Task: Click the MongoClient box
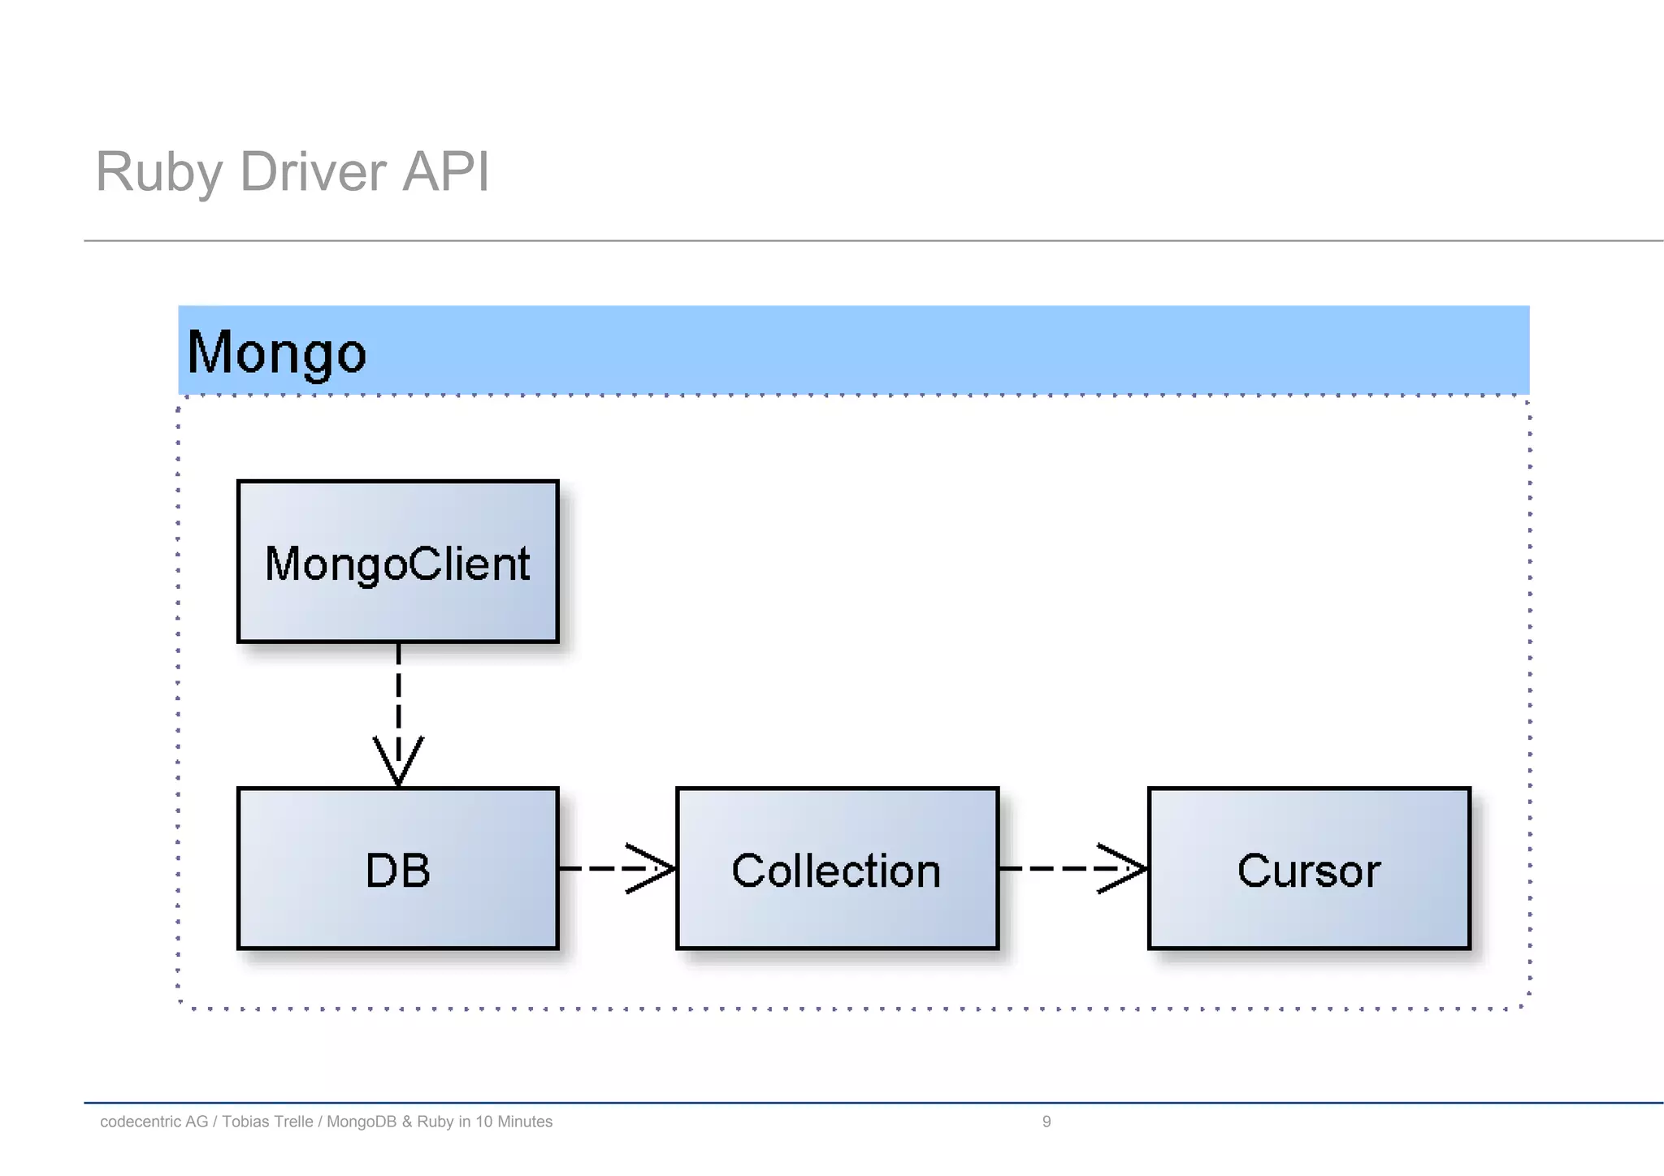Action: (x=397, y=562)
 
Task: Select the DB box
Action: (x=397, y=869)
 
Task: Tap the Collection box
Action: (x=837, y=869)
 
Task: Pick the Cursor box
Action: (x=1309, y=869)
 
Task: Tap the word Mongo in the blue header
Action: (x=276, y=352)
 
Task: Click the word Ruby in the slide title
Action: (x=158, y=172)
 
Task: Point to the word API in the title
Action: (x=446, y=172)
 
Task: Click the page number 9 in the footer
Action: (x=1046, y=1122)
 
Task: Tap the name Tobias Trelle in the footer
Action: (x=267, y=1122)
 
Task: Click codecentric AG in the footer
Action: (x=154, y=1122)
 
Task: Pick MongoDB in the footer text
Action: (x=362, y=1122)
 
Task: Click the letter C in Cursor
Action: (x=1254, y=871)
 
